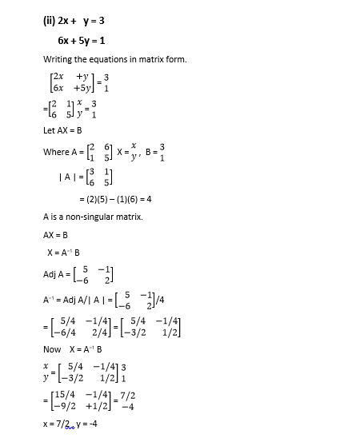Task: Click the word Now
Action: pyautogui.click(x=52, y=349)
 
